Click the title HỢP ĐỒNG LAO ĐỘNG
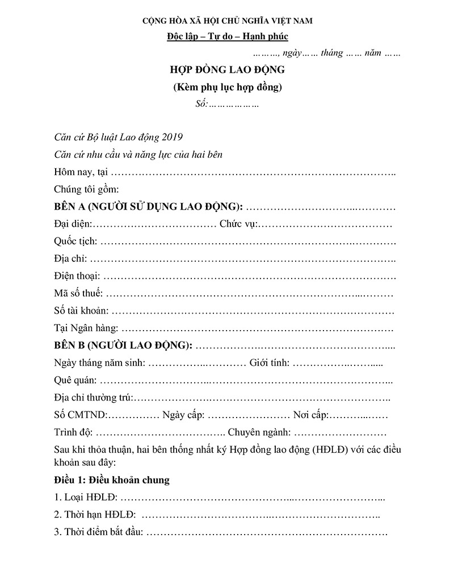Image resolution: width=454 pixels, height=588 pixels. pyautogui.click(x=227, y=71)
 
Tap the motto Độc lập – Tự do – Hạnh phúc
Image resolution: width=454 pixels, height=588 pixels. pyautogui.click(x=228, y=37)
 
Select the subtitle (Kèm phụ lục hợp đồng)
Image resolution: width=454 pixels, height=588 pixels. pyautogui.click(x=227, y=87)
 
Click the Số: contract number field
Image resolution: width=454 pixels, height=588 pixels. pyautogui.click(x=226, y=105)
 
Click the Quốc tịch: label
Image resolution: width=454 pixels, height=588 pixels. pyautogui.click(x=75, y=241)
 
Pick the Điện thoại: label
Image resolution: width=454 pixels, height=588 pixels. pyautogui.click(x=77, y=276)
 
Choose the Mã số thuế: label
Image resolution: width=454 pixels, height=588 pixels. pyautogui.click(x=78, y=294)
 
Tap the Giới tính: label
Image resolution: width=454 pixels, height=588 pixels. pyautogui.click(x=270, y=362)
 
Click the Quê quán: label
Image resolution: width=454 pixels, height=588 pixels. pyautogui.click(x=75, y=380)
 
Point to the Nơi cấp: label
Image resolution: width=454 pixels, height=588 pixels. pyautogui.click(x=312, y=415)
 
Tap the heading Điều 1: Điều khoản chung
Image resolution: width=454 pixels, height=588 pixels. pyautogui.click(x=112, y=480)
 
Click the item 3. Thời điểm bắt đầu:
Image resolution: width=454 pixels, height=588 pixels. pyautogui.click(x=99, y=533)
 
